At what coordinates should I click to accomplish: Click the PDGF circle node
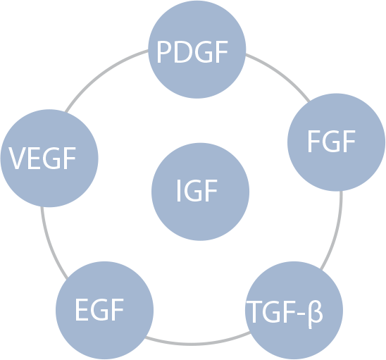coord(197,49)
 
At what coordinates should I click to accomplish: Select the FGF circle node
coord(336,142)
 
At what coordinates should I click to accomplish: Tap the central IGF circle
coord(200,192)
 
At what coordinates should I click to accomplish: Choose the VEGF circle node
coord(49,158)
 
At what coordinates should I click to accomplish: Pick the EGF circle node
coord(105,310)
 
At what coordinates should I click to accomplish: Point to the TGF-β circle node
coord(294,310)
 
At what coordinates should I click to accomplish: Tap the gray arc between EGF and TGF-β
coord(198,344)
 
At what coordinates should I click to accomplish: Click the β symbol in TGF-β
coord(316,314)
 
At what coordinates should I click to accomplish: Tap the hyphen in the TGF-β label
coord(301,313)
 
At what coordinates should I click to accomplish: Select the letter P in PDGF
coord(165,52)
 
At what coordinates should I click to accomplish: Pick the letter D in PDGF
coord(183,52)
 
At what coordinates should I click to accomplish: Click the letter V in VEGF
coord(18,158)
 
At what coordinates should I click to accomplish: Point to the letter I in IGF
coord(179,191)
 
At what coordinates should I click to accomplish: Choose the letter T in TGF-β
coord(254,311)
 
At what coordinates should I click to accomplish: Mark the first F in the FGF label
coord(314,142)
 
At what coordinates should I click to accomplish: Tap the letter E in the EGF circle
coord(82,309)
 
